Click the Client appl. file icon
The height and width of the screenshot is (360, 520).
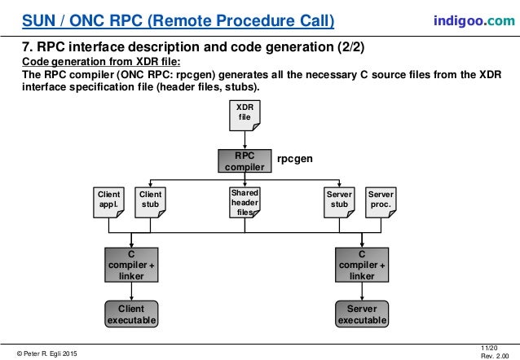[x=109, y=202]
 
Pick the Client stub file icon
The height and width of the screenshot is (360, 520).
[x=151, y=202]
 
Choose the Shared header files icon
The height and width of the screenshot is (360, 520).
[x=245, y=202]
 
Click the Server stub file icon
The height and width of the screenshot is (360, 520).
[x=339, y=202]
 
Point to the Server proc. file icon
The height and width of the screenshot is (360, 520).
[x=381, y=202]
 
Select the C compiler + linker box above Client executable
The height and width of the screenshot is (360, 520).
[x=130, y=265]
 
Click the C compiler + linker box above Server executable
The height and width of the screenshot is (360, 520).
[x=362, y=265]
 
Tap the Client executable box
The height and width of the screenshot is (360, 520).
[x=130, y=314]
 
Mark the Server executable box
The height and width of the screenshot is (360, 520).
[x=362, y=314]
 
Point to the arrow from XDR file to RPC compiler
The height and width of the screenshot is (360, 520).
[x=245, y=140]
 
